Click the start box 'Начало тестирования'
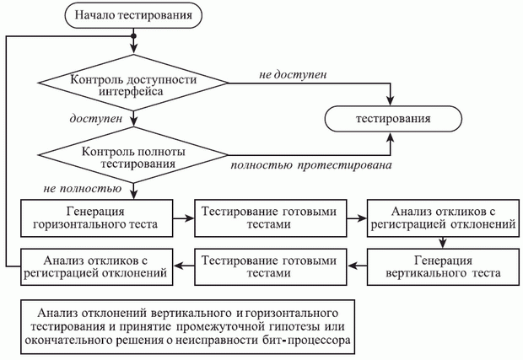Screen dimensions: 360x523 click(x=133, y=14)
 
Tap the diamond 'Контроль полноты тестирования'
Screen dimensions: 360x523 click(x=133, y=157)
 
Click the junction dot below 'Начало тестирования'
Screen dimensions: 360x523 click(x=133, y=37)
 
